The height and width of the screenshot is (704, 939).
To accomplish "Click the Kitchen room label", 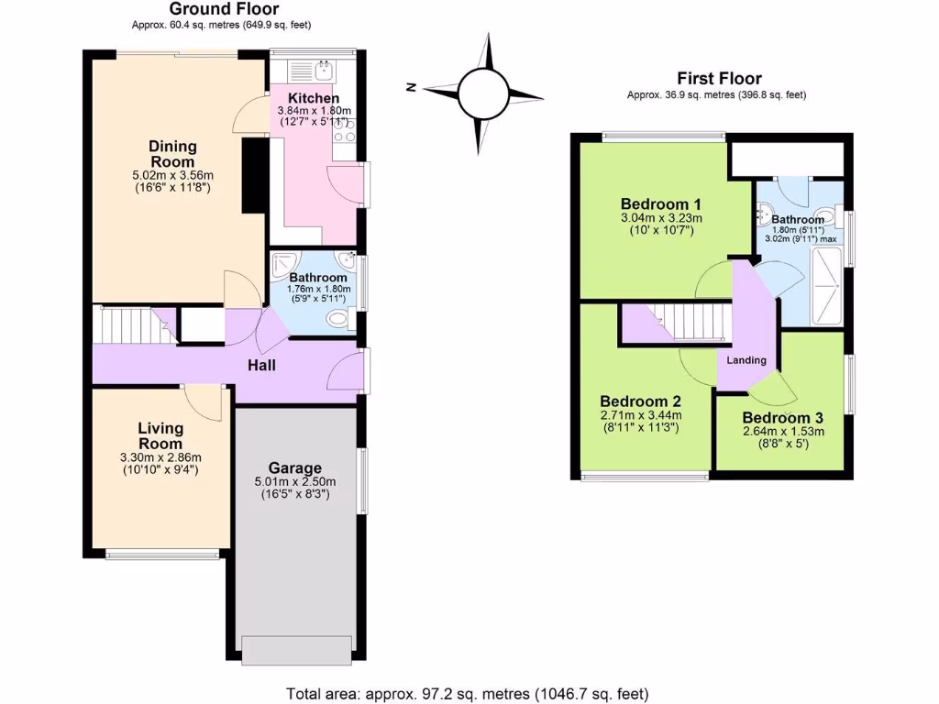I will (x=314, y=98).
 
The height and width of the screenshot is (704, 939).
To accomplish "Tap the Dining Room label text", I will (x=172, y=154).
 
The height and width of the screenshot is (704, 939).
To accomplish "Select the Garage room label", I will (x=294, y=467).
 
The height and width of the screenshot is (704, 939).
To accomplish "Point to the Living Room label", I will (x=160, y=435).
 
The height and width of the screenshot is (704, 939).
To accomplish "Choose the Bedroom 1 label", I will (x=660, y=203).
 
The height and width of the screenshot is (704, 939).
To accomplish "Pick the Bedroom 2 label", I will (x=639, y=401).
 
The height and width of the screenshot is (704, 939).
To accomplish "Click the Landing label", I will (x=746, y=360).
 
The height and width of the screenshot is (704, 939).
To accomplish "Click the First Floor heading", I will (x=719, y=79).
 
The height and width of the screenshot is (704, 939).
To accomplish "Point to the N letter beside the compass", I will (x=412, y=88).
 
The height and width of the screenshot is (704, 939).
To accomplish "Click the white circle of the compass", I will (x=481, y=92).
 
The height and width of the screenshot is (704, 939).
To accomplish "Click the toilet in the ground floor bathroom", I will (x=339, y=319).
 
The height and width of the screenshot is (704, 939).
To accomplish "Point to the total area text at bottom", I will (x=468, y=693).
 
